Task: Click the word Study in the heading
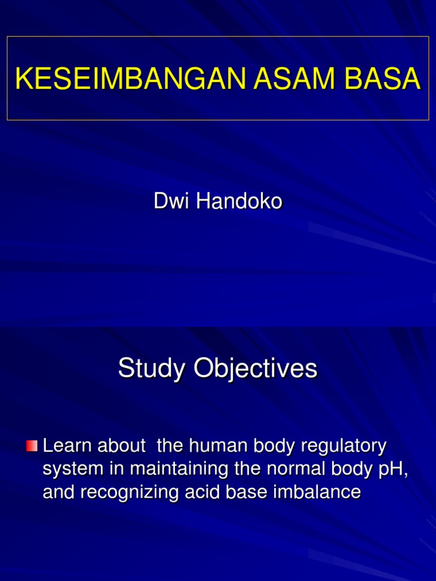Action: pos(153,369)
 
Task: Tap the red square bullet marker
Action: pos(32,446)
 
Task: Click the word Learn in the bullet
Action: pos(68,446)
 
